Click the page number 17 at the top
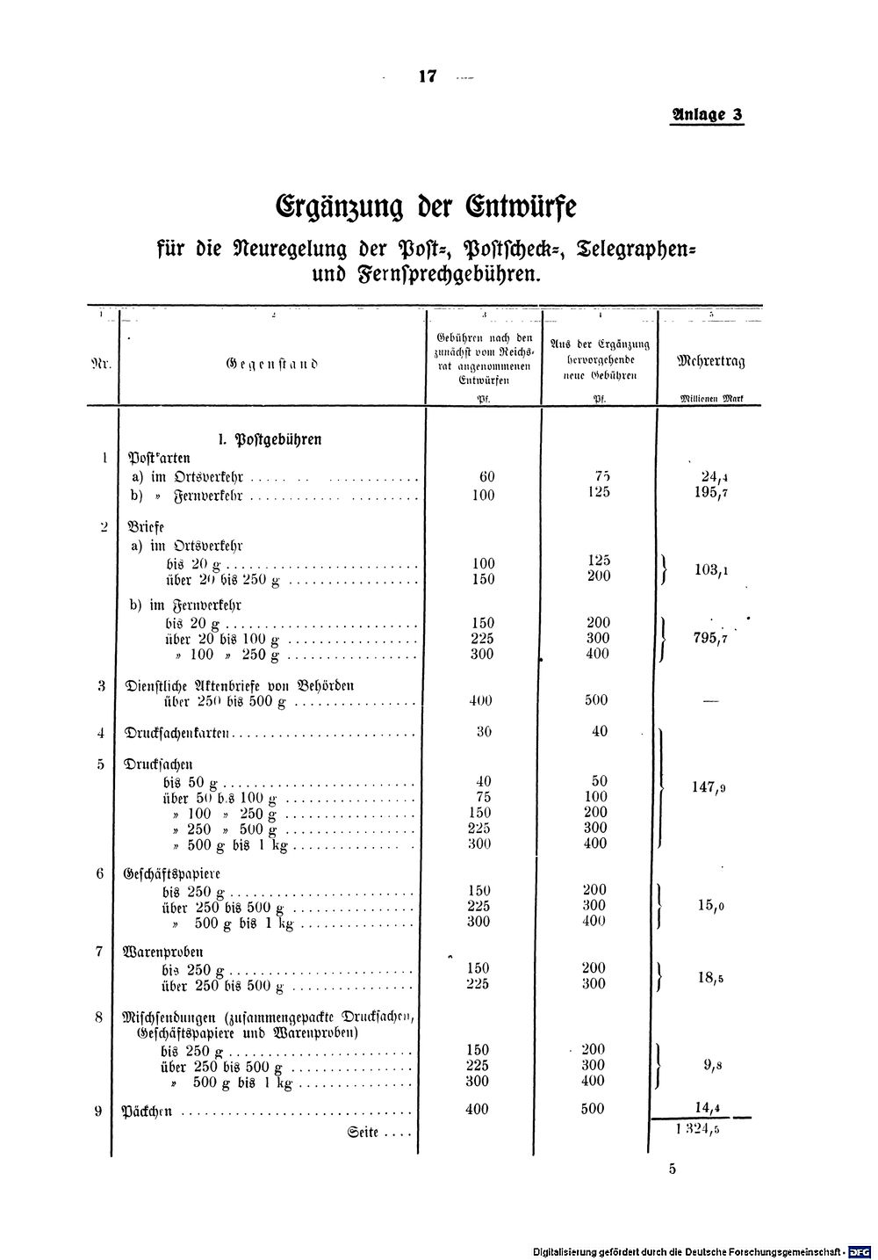(428, 76)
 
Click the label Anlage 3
(707, 115)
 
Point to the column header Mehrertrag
(710, 361)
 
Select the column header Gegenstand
(272, 362)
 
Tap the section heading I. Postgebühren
(270, 439)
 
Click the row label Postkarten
(160, 458)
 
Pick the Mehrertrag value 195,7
(710, 493)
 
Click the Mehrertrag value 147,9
(709, 788)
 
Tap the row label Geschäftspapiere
(174, 874)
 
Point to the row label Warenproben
(166, 952)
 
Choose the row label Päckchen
(146, 1112)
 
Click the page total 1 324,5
(699, 1131)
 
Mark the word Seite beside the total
(363, 1133)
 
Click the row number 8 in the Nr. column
(99, 1017)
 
